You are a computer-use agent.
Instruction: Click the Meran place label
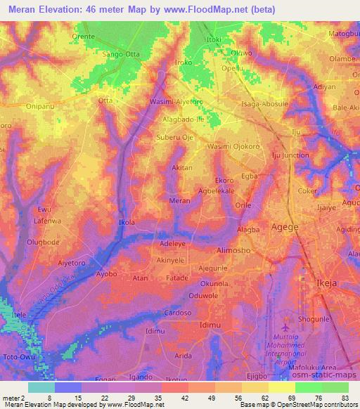click(x=181, y=200)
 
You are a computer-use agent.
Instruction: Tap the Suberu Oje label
click(x=175, y=138)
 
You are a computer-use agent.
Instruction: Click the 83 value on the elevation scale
click(x=345, y=398)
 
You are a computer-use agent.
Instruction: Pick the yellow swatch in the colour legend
click(x=282, y=387)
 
